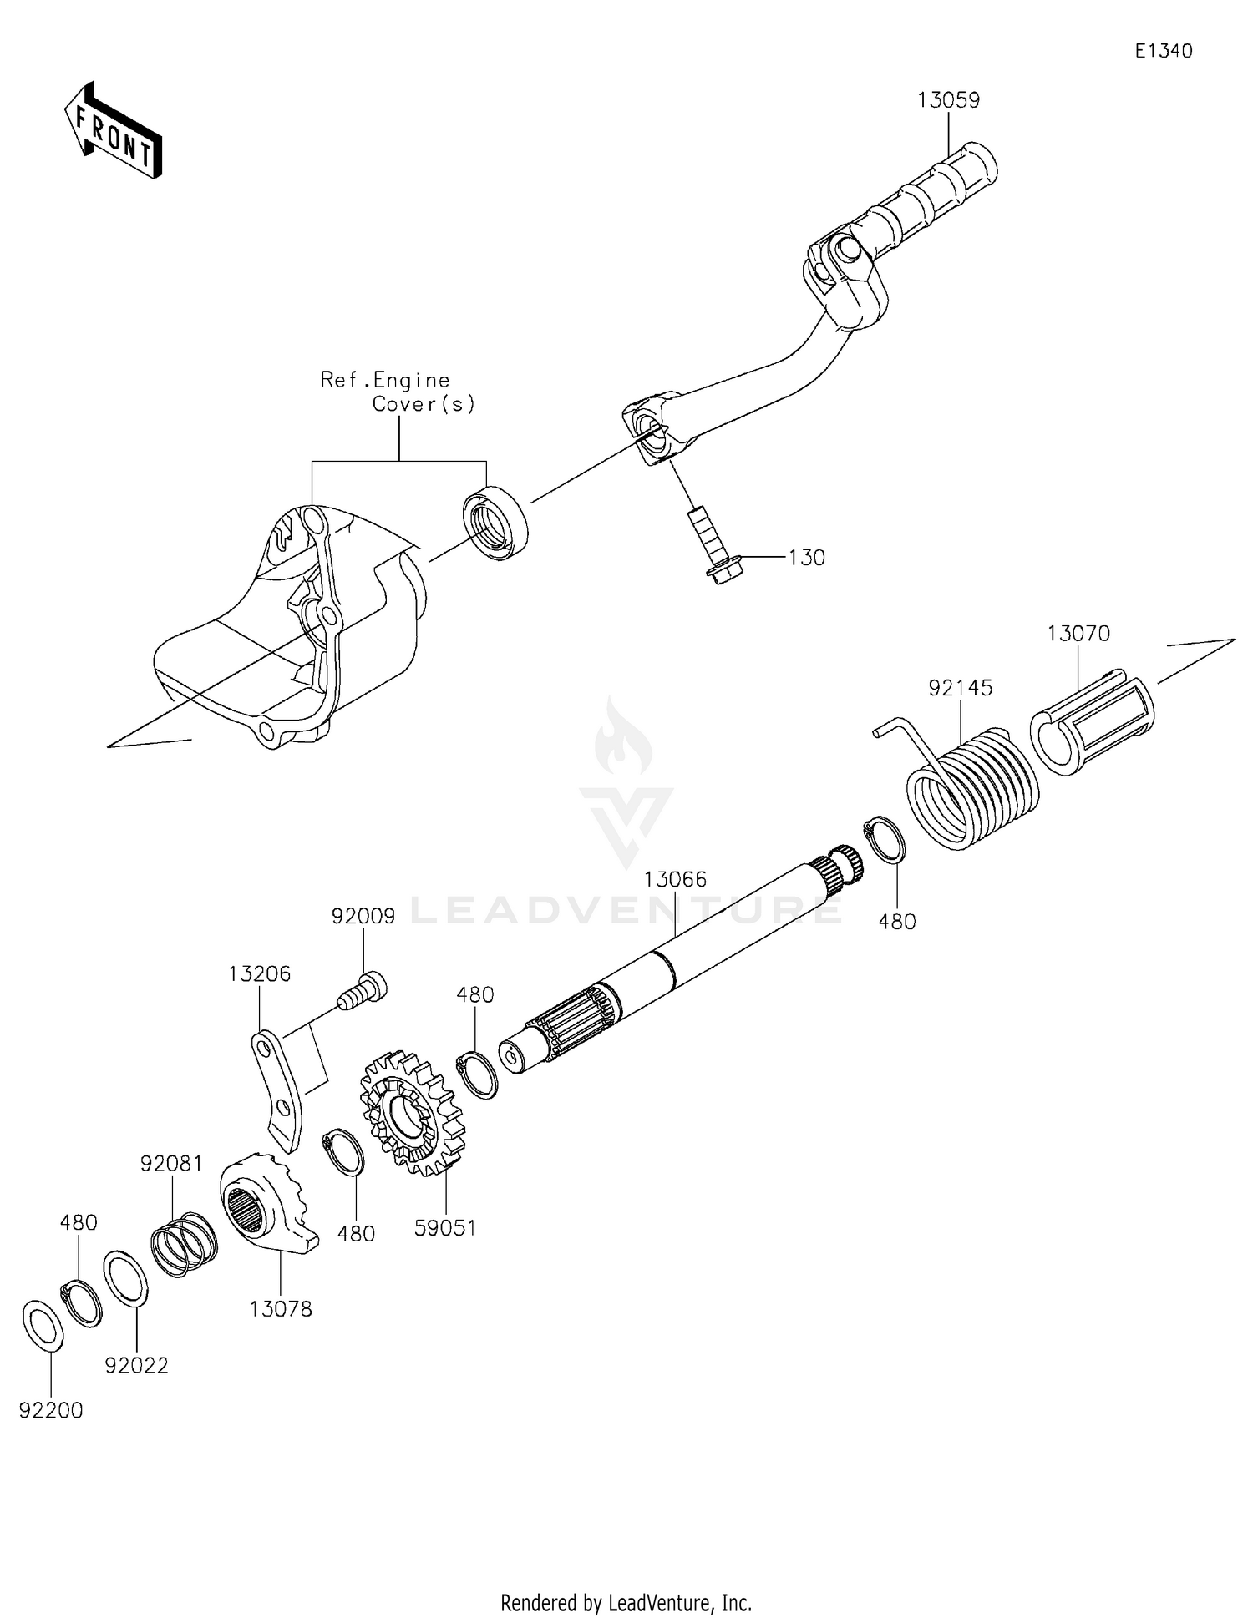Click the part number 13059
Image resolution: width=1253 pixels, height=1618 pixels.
[948, 100]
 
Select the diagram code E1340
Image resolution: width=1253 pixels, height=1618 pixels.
[1164, 51]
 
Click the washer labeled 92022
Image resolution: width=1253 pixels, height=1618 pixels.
[126, 1278]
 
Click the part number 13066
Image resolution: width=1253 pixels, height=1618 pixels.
[675, 879]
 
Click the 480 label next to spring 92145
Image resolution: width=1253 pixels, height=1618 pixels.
[897, 922]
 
